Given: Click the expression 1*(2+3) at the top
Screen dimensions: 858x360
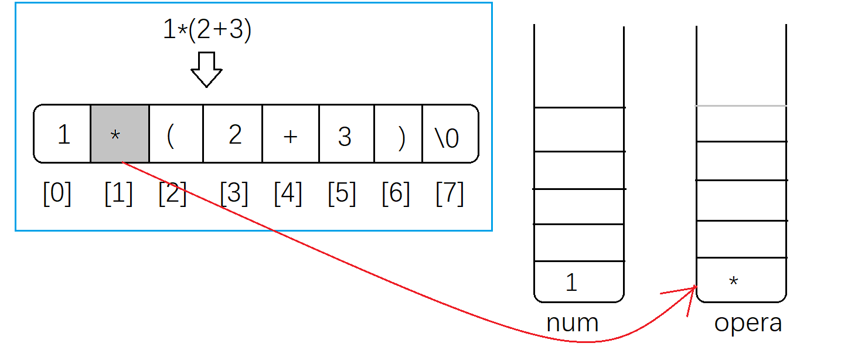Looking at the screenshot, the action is point(207,30).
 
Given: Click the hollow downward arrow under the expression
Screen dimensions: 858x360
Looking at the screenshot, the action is point(206,70).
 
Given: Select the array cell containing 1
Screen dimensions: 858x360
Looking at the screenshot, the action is point(63,134).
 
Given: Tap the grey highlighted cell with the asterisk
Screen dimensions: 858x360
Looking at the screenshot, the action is point(120,134).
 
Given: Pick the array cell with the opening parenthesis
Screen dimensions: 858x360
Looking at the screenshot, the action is point(176,134).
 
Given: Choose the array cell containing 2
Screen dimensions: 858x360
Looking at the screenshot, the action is point(233,134).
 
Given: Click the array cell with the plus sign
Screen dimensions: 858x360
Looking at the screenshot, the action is point(291,134).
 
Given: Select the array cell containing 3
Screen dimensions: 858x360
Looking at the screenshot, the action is point(346,134).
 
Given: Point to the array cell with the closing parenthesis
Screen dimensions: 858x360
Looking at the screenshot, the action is point(399,134).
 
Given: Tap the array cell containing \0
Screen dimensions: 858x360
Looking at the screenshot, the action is point(450,134).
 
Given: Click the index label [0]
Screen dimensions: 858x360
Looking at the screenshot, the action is point(57,193).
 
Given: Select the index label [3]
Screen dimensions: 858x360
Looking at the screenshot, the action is point(234,193).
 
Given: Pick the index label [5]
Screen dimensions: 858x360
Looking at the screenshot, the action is point(342,193).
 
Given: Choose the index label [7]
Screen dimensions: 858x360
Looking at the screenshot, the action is point(450,193).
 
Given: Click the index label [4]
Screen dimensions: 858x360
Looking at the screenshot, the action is point(288,193).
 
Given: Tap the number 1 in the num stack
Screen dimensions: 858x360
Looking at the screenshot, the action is point(571,283).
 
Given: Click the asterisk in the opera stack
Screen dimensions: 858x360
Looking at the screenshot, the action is point(733,282).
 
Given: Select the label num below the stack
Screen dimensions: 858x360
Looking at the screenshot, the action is point(572,323).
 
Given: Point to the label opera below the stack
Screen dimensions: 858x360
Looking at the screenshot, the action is point(748,323).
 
